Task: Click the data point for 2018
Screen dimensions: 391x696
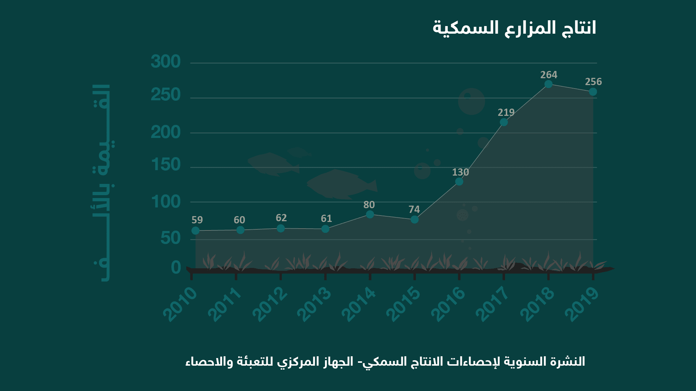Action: pos(549,84)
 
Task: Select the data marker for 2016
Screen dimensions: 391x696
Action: pos(459,181)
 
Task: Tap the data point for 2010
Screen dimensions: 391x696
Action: pos(195,230)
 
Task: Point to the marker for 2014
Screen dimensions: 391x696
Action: pos(370,214)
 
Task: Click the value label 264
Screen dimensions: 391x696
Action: pos(549,75)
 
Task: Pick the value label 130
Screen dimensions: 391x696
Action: pos(460,172)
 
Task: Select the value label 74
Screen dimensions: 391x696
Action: pos(414,209)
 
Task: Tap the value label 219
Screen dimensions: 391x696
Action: pos(506,112)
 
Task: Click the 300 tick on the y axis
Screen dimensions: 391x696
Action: pos(166,62)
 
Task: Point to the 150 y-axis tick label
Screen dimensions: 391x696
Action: pos(166,165)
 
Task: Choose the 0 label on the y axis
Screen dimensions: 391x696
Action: pos(176,268)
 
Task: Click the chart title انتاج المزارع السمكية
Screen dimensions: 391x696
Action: pos(514,28)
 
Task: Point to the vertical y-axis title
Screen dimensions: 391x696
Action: pos(102,183)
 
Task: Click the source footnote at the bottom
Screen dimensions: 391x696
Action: pos(385,361)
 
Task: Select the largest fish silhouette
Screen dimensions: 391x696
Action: pos(341,185)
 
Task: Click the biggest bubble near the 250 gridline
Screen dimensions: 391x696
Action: pos(471,101)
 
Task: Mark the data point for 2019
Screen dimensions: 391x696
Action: pos(593,92)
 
